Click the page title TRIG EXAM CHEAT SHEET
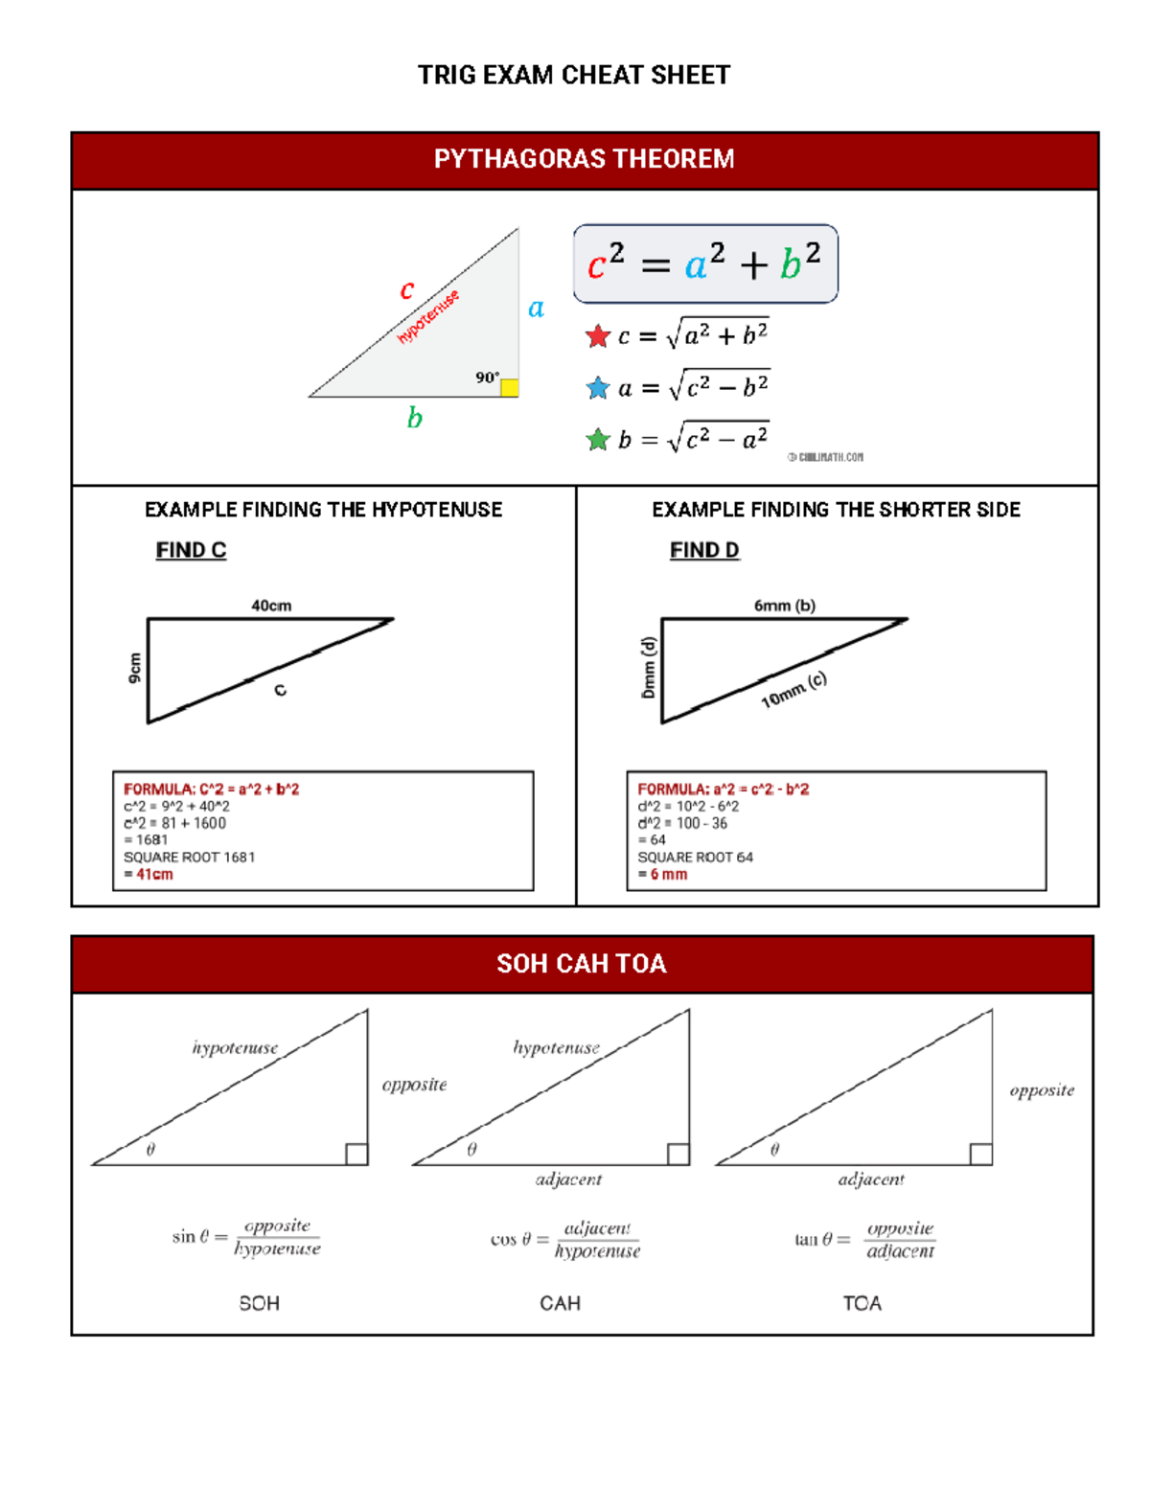tap(574, 75)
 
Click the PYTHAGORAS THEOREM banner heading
tap(584, 159)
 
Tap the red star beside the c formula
tap(598, 336)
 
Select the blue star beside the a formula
tap(598, 388)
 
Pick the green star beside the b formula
tap(598, 440)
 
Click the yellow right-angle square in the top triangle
tap(510, 387)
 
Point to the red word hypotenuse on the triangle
tap(428, 316)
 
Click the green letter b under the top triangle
tap(414, 418)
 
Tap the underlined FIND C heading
tap(191, 550)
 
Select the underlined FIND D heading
tap(704, 550)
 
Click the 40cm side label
tap(271, 606)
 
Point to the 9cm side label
tap(134, 668)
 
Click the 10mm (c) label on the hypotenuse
tap(793, 690)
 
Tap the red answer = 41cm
tap(149, 875)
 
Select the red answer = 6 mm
tap(662, 875)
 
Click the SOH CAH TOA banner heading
tap(582, 964)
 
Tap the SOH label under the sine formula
tap(259, 1303)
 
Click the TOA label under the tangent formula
tap(862, 1303)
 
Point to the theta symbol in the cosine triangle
tap(471, 1150)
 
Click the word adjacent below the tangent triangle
tap(871, 1179)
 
